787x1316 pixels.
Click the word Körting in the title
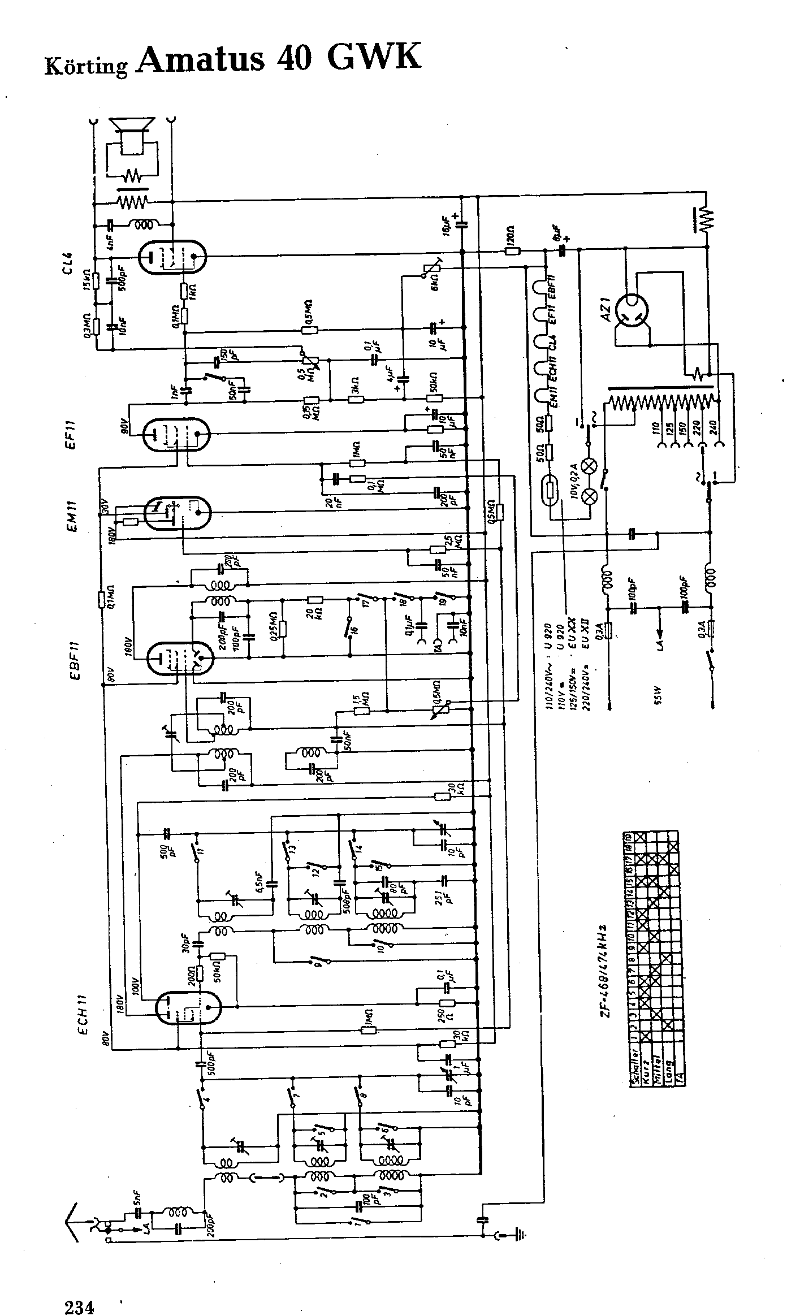86,66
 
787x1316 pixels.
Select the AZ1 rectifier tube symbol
631,311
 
